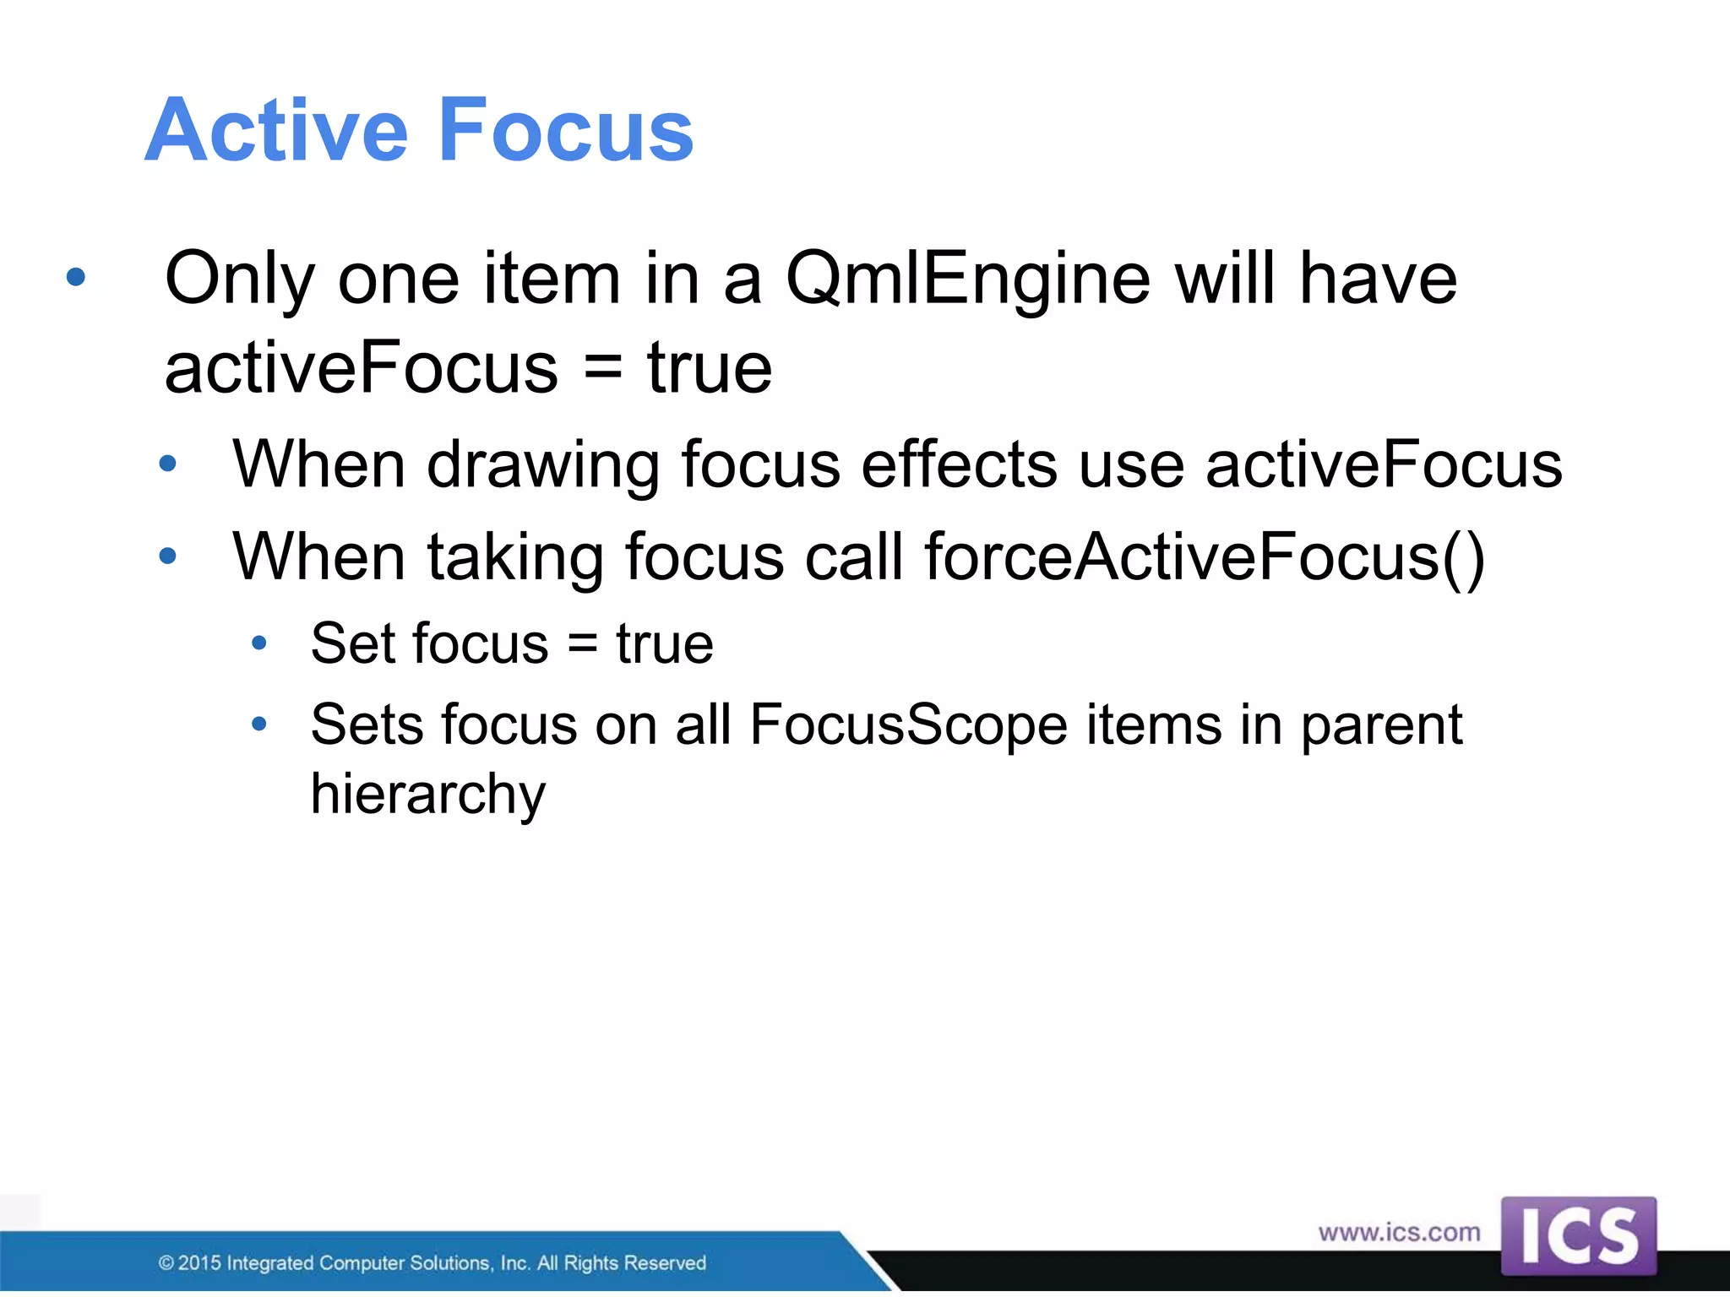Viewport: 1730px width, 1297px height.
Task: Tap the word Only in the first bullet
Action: click(x=240, y=281)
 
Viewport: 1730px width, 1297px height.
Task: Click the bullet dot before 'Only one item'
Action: click(x=76, y=277)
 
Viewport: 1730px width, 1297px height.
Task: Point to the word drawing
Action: click(x=543, y=466)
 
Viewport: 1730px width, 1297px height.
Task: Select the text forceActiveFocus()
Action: click(x=1205, y=557)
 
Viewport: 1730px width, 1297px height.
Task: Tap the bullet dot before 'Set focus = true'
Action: click(x=259, y=644)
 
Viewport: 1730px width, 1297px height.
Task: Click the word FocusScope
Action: click(x=909, y=725)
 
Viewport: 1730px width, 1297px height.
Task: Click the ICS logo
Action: click(x=1578, y=1236)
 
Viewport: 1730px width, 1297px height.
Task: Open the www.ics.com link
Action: click(x=1399, y=1233)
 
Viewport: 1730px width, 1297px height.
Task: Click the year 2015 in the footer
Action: click(x=199, y=1263)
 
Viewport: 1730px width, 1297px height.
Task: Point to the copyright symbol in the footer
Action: click(x=166, y=1263)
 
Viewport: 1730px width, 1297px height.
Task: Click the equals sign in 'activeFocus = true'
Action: click(x=602, y=368)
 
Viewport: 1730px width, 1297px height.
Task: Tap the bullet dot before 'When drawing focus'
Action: click(x=168, y=464)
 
